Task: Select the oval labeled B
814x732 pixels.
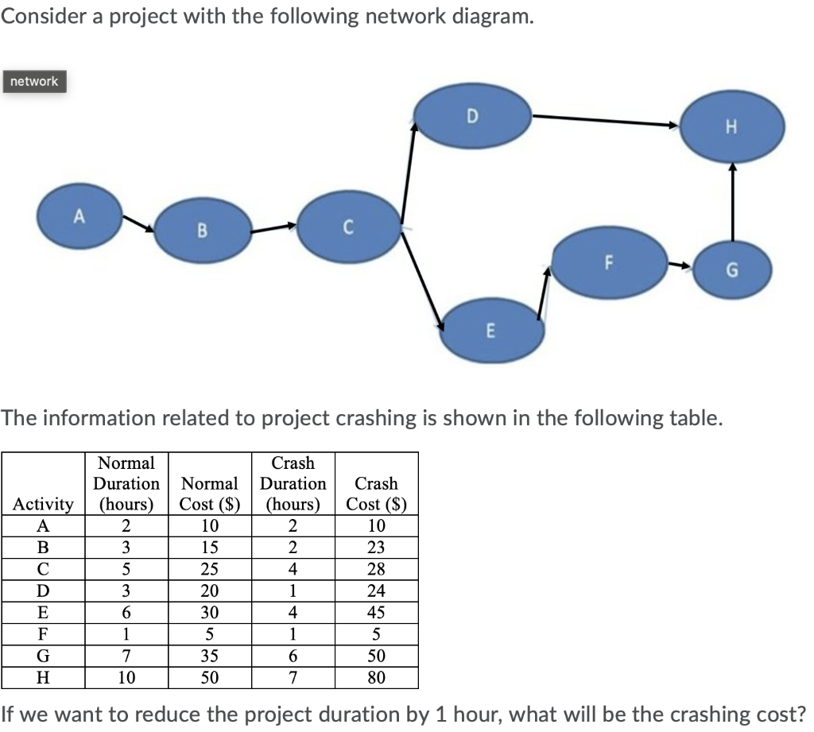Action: click(202, 232)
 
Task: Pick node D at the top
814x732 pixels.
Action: click(472, 116)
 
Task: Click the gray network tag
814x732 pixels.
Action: click(34, 81)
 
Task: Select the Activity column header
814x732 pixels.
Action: click(43, 504)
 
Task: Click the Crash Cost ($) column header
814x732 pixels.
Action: click(377, 493)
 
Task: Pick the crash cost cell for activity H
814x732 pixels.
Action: click(377, 678)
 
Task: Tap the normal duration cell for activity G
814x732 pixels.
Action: click(125, 657)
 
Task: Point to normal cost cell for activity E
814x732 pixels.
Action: click(209, 613)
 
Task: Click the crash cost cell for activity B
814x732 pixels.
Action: click(377, 547)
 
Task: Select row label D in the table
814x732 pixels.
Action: click(43, 591)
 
